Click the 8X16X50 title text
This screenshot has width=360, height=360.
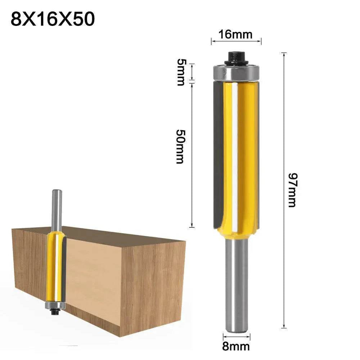pos(53,19)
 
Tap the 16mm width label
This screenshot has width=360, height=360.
pos(236,35)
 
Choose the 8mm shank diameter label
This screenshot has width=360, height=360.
pos(236,347)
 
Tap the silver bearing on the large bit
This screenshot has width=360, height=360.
pos(236,73)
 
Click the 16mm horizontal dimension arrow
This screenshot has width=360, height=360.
pos(236,42)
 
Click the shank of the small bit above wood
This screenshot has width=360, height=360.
pos(56,209)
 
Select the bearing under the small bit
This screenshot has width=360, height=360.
pos(55,306)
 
